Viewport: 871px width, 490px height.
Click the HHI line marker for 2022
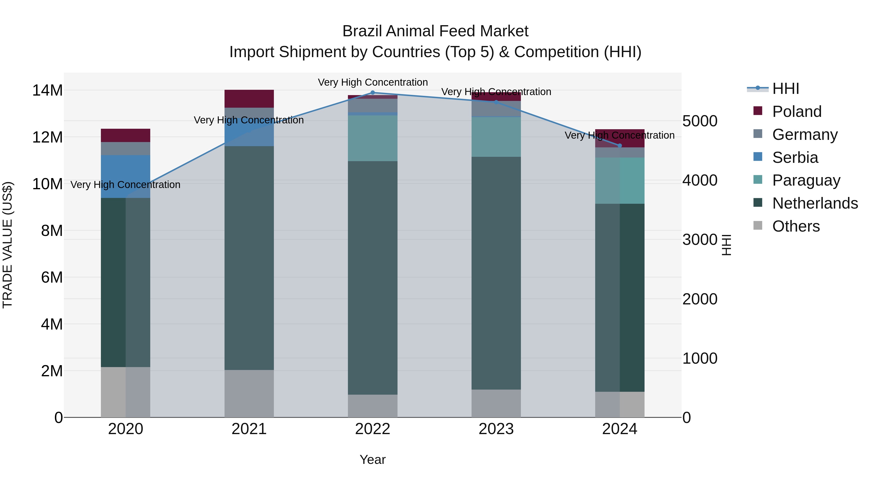[x=373, y=92]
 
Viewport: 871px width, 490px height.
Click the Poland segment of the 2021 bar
[x=249, y=99]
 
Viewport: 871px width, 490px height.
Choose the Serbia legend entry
[x=795, y=158]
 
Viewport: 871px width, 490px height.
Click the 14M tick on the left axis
[x=47, y=91]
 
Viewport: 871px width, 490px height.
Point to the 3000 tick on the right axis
[x=699, y=240]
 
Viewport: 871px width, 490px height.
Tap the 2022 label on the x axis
[x=373, y=429]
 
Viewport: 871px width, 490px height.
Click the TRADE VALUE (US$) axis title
[x=8, y=245]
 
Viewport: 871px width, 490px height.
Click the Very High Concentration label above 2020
[x=125, y=185]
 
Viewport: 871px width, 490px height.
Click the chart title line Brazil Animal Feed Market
[x=435, y=31]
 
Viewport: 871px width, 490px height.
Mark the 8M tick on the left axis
[x=52, y=231]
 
